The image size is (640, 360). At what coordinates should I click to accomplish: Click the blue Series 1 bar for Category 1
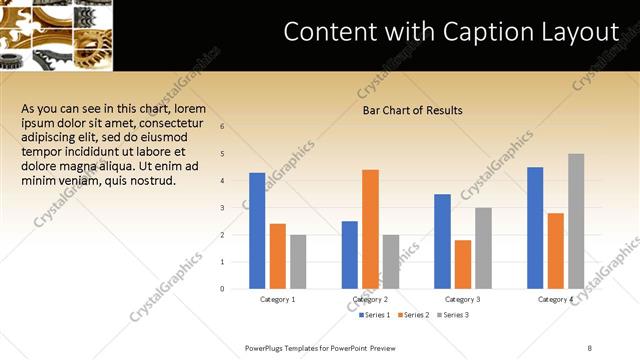tap(257, 231)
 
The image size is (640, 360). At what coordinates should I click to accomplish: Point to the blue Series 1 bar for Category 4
tap(535, 228)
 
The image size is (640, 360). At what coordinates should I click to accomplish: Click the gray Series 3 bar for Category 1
tap(298, 262)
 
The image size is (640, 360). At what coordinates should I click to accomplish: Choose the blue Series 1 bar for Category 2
tap(350, 255)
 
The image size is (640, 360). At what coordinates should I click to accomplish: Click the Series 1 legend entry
tap(375, 315)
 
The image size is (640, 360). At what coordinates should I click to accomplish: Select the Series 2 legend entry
tap(414, 315)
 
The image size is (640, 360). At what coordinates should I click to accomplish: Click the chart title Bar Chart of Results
tap(412, 110)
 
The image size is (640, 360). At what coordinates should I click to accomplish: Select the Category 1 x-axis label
tap(278, 299)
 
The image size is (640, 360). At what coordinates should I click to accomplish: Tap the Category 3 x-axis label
tap(463, 299)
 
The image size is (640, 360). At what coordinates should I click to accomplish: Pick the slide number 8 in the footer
tap(590, 347)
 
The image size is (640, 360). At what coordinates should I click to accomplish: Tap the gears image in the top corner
tap(57, 35)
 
